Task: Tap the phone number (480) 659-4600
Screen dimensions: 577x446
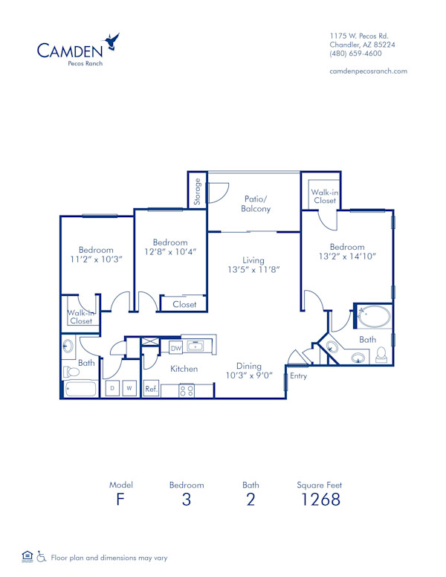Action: (x=356, y=54)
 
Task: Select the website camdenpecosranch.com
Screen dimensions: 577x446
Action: (x=368, y=71)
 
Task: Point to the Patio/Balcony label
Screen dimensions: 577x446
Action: (x=256, y=204)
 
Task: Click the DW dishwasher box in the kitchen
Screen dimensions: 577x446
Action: (x=176, y=347)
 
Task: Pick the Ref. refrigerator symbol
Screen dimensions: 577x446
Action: (x=151, y=389)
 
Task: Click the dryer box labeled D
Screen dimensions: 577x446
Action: (x=112, y=388)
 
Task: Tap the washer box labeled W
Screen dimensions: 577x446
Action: (x=129, y=388)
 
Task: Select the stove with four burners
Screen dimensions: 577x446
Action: (x=187, y=390)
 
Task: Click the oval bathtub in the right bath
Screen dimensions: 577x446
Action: (x=373, y=317)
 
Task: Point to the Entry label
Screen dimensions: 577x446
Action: (x=298, y=376)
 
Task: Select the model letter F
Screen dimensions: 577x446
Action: (x=120, y=499)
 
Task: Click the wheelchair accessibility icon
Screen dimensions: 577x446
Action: (x=42, y=556)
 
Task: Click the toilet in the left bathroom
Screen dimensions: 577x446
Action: (x=71, y=371)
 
